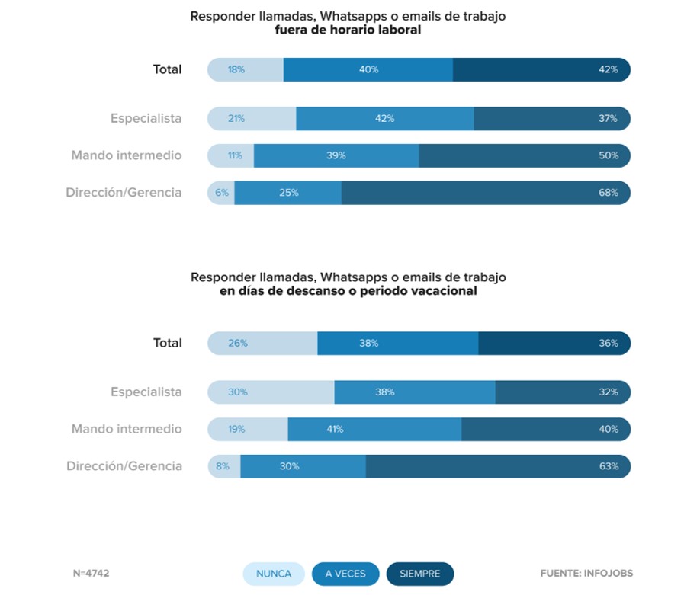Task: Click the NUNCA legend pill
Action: (x=274, y=574)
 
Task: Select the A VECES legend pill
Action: (x=345, y=574)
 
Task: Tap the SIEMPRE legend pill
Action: (x=420, y=574)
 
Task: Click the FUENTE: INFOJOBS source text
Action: (x=586, y=574)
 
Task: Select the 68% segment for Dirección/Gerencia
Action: (x=486, y=193)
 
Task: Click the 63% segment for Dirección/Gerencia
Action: (x=498, y=466)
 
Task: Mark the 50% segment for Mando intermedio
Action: (x=525, y=155)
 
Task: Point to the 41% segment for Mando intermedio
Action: (x=374, y=430)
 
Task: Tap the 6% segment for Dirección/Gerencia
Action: (x=221, y=193)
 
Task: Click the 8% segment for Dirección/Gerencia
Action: (x=224, y=466)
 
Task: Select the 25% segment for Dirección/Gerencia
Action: (x=288, y=193)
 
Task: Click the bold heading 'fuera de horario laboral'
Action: (x=348, y=30)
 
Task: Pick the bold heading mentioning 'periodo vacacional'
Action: (x=348, y=290)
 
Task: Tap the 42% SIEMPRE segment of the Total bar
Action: (x=541, y=69)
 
